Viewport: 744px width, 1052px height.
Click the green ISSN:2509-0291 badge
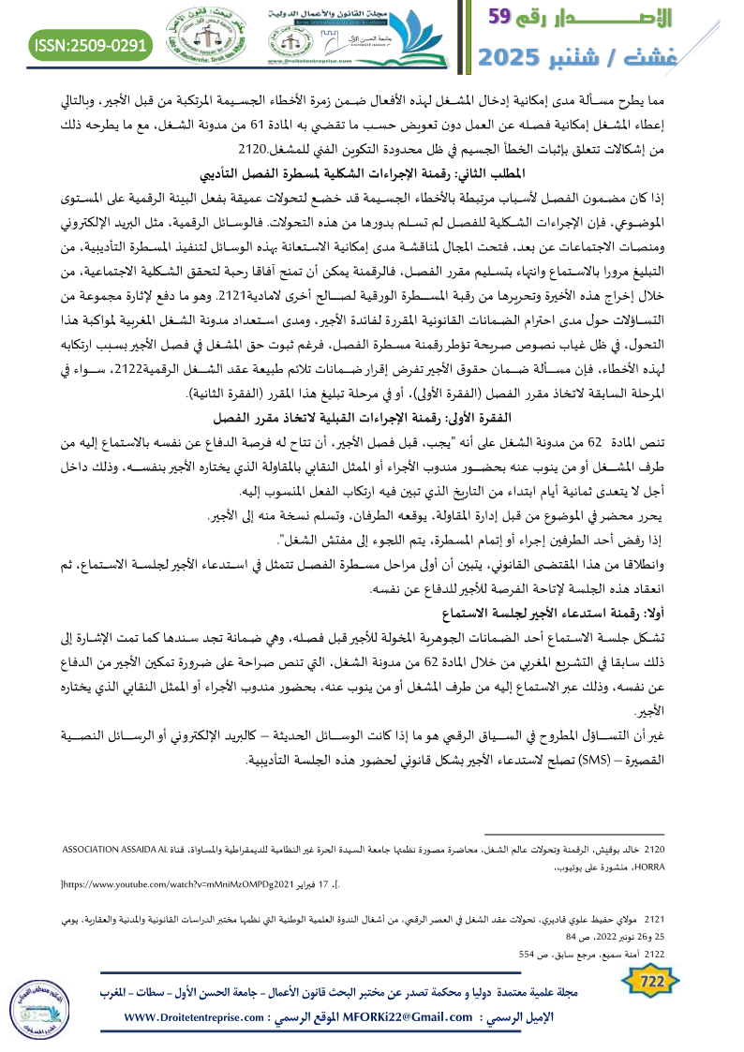91,44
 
